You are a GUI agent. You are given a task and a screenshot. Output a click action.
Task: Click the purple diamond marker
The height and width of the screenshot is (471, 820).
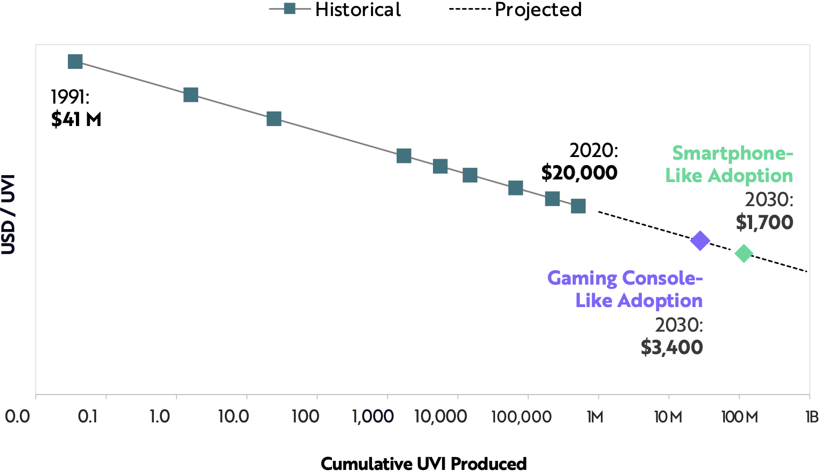coord(700,241)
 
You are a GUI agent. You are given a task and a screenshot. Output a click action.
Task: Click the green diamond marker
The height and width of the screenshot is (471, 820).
coord(744,253)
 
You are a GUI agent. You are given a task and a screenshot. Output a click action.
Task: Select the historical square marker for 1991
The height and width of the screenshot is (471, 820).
coord(75,61)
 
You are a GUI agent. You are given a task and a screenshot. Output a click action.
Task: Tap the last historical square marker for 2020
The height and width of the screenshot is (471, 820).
coord(578,206)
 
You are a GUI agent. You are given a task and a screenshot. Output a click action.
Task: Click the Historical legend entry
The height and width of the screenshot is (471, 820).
coord(335,10)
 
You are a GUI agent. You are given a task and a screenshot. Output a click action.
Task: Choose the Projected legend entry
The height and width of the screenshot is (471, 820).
coord(515,10)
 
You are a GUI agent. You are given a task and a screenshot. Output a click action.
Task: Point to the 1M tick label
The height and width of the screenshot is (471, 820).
coord(595,417)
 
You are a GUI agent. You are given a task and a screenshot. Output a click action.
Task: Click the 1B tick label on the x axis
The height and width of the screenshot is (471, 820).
coord(812,417)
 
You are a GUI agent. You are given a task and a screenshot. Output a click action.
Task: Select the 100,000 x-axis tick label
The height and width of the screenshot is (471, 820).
coord(521,417)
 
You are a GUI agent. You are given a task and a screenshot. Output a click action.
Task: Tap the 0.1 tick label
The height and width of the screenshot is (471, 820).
coord(88,417)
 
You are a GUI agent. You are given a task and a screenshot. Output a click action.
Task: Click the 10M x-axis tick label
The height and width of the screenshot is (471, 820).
coord(668,417)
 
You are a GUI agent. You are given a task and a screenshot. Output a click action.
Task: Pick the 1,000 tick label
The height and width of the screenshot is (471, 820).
coord(373,417)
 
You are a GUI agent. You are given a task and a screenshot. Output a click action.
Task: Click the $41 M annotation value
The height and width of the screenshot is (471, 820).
coord(76,119)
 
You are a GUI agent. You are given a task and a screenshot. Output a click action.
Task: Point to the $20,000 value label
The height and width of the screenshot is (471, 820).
coord(579,172)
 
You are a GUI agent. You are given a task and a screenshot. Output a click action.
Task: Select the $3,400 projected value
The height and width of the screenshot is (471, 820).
coord(671,348)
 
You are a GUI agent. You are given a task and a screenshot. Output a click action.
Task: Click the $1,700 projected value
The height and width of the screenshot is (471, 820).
coord(764,222)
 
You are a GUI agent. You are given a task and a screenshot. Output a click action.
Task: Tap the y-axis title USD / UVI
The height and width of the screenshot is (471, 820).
coord(9,214)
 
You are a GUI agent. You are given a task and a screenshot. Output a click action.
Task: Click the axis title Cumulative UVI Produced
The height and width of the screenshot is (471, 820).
coord(423,463)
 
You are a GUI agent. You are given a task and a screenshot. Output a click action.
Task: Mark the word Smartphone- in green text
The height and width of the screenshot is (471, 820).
coord(732,153)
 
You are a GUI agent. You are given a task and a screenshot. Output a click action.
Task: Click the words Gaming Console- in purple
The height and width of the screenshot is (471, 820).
coord(625,278)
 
